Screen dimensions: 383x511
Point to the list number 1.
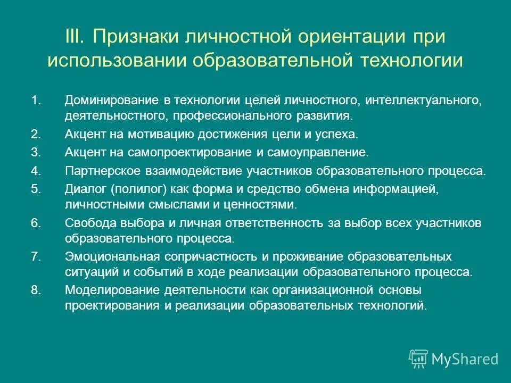(36, 101)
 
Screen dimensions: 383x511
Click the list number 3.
(36, 152)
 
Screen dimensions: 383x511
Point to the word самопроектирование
(182, 152)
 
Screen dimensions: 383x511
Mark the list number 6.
(36, 223)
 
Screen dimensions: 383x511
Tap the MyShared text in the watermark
(465, 359)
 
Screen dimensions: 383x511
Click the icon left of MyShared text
(418, 359)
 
